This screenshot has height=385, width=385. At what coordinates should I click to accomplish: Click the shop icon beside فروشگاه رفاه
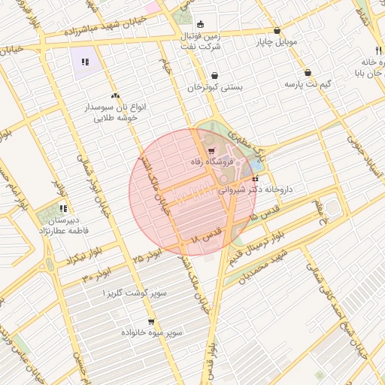[211, 151]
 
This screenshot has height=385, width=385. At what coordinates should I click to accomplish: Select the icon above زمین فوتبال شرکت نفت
[200, 24]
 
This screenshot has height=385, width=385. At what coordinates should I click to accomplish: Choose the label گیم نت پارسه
[308, 84]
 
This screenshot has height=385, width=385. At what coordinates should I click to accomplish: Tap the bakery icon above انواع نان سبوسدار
[115, 95]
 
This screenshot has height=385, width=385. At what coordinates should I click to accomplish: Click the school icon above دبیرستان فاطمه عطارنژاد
[64, 208]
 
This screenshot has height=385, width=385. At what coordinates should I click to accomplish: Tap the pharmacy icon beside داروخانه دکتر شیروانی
[256, 179]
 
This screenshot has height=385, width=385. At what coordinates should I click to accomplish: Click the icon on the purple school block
[85, 62]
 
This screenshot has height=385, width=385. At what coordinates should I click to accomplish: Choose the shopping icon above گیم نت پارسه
[308, 73]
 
